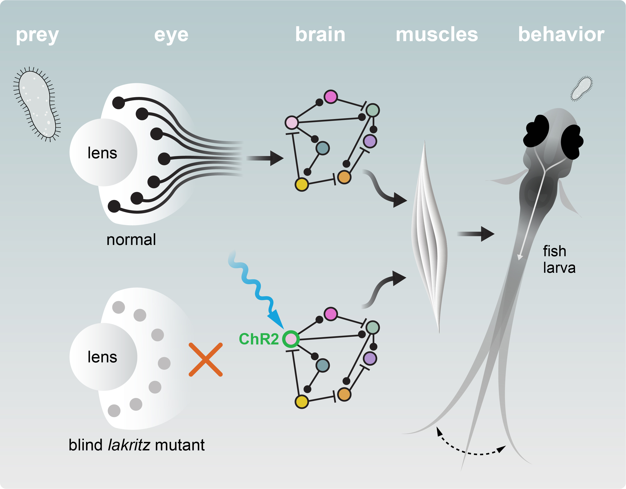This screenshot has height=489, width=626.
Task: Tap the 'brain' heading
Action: click(x=320, y=34)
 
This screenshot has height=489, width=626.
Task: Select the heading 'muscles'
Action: click(x=437, y=34)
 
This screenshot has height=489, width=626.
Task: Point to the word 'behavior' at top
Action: click(x=561, y=34)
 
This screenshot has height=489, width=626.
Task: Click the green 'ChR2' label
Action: click(x=259, y=339)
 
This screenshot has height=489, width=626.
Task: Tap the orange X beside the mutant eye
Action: click(x=206, y=359)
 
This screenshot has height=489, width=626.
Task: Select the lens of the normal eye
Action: click(x=103, y=152)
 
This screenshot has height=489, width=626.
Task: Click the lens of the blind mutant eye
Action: click(x=103, y=357)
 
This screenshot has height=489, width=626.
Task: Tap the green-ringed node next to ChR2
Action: click(x=291, y=339)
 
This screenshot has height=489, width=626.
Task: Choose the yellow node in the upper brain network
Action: click(x=302, y=185)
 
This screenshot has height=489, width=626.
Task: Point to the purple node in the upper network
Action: click(x=370, y=141)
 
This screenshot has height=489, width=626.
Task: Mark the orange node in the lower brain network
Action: click(x=344, y=394)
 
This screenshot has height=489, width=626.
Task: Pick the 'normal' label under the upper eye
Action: click(x=131, y=239)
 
